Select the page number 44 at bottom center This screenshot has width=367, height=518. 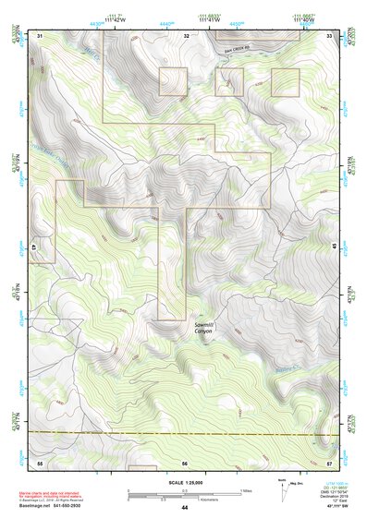[x=184, y=508]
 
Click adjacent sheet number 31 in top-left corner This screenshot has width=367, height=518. [x=41, y=35]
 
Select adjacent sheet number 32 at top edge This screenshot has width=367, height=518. [x=186, y=35]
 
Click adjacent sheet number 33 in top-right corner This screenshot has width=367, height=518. [x=330, y=35]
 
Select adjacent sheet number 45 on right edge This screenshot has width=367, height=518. [x=332, y=247]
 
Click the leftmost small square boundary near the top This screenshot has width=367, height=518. [x=173, y=80]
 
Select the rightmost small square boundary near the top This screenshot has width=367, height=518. [x=285, y=81]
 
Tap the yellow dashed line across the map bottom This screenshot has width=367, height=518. [x=184, y=432]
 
